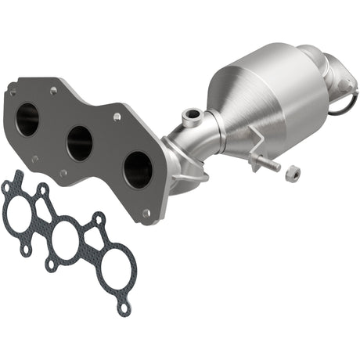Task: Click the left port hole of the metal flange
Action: [27, 117]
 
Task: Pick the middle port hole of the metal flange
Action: [79, 142]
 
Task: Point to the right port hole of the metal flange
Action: [138, 168]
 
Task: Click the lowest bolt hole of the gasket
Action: [124, 308]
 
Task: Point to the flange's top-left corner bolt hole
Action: [11, 90]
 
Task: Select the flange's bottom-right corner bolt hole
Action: [146, 211]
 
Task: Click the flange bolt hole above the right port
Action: [117, 117]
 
